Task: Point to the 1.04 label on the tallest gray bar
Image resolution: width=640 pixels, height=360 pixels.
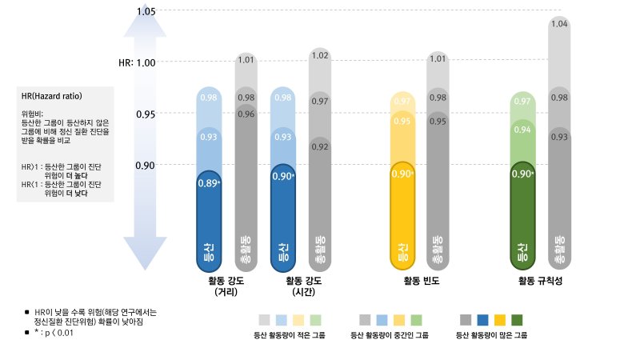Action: pos(560,25)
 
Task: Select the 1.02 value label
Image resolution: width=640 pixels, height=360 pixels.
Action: pos(320,55)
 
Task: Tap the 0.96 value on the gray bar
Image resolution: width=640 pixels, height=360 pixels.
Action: pos(246,114)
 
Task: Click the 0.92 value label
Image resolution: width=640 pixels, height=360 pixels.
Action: pos(320,147)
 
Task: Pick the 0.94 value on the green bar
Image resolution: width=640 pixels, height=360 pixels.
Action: pos(522,130)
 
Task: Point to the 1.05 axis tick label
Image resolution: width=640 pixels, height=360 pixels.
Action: pos(146,11)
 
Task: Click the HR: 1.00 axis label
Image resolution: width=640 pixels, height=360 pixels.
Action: pos(137,62)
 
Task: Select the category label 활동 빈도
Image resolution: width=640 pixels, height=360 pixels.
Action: pos(422,282)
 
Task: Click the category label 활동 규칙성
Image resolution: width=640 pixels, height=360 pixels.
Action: pos(542,282)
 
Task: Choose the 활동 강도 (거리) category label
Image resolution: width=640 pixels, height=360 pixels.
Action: pos(226,287)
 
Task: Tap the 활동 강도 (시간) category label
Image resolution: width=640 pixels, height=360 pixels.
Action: pos(302,287)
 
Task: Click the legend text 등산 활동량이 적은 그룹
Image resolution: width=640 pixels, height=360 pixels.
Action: pos(289,336)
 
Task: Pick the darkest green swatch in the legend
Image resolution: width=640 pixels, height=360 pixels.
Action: pos(517,319)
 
